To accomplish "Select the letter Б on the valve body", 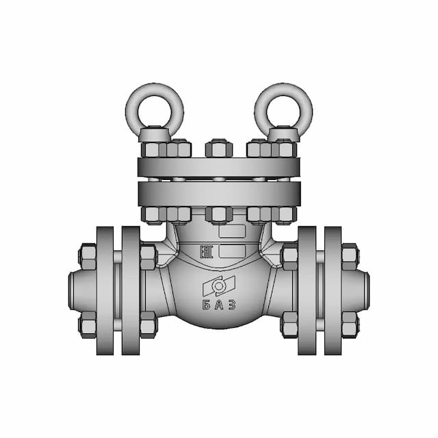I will (x=207, y=305).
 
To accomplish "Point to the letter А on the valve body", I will (x=219, y=305).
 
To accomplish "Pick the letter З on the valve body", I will (x=231, y=305).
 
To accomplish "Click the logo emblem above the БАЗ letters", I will (x=219, y=285).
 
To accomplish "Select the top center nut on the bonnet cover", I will (x=218, y=149).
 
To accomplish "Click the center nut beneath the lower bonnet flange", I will (x=218, y=214).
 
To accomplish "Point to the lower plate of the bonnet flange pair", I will (x=218, y=193).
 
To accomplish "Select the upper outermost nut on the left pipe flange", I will (x=88, y=255).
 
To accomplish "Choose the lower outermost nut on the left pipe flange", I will (x=88, y=324).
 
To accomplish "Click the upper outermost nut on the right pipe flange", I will (x=350, y=255).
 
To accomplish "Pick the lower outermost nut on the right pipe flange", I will (x=350, y=324).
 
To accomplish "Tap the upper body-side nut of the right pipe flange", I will (x=289, y=256).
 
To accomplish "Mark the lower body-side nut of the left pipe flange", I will (x=148, y=324).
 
